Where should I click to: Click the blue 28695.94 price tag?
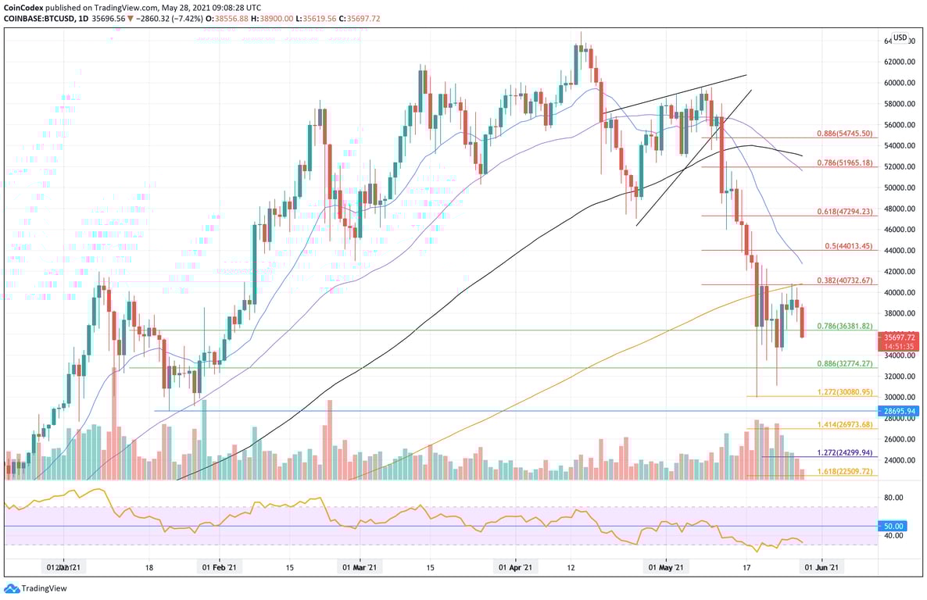click(x=900, y=411)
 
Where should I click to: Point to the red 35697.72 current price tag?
click(x=900, y=335)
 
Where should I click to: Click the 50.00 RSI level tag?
click(x=893, y=526)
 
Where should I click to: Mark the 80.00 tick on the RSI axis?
click(x=893, y=497)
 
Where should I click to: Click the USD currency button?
click(x=900, y=37)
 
